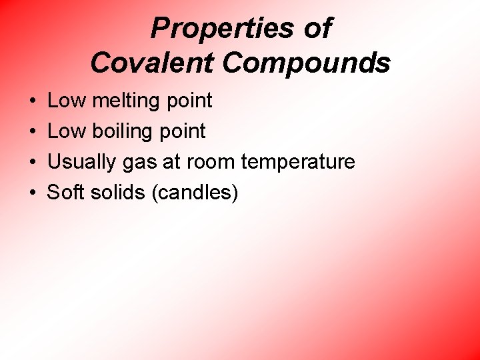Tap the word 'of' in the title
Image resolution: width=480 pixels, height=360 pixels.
[x=315, y=29]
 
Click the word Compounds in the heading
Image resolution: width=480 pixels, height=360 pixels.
[x=306, y=63]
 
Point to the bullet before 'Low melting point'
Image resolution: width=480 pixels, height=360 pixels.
[x=33, y=101]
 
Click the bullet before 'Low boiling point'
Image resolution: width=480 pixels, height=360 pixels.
[x=33, y=132]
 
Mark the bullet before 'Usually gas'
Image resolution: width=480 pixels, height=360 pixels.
[x=33, y=163]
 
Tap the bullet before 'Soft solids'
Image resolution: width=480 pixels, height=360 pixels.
[x=33, y=193]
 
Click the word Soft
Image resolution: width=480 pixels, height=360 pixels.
[x=65, y=193]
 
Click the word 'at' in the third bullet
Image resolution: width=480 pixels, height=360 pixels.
[x=171, y=163]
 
